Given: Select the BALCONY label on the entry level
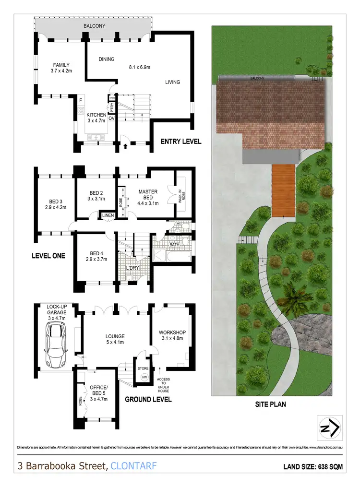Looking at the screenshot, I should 94,25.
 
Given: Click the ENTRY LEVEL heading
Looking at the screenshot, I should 181,142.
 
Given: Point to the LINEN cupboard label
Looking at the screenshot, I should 108,215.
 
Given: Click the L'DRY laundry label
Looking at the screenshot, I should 132,268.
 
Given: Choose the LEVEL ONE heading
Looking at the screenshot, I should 48,256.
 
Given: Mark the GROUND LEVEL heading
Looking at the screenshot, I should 148,399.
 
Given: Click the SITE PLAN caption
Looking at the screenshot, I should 270,404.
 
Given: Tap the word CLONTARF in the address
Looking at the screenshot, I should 133,466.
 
